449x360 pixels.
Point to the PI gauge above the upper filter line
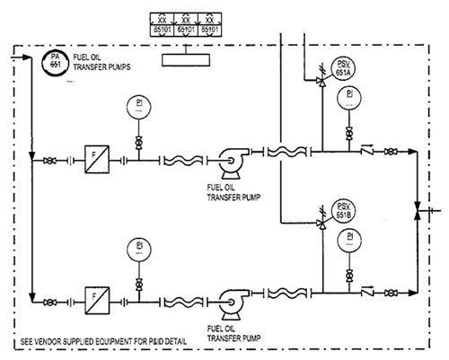tap(137, 105)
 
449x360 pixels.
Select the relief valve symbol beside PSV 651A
tap(321, 80)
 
